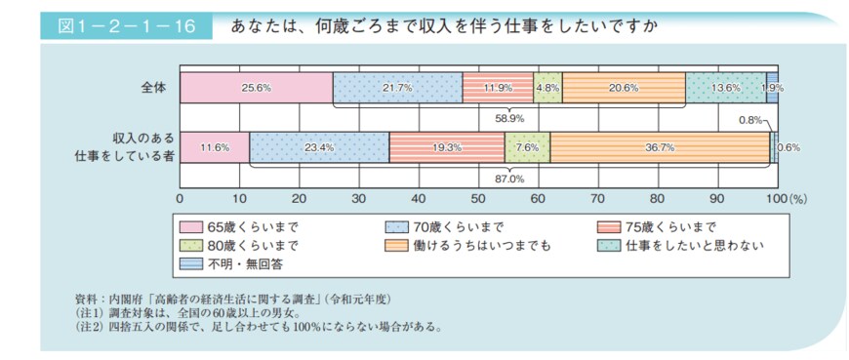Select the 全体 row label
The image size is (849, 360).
[154, 87]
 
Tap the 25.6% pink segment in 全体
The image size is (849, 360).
[256, 87]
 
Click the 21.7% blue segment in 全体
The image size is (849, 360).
[397, 87]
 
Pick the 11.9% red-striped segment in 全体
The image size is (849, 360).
[498, 87]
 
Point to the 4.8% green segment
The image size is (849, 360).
[547, 87]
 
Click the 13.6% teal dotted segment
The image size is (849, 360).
[725, 87]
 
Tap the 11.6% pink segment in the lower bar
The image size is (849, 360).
[214, 147]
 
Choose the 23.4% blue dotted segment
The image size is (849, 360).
[319, 147]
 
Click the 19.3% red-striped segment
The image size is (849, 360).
[446, 147]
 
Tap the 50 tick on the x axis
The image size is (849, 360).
[478, 198]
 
